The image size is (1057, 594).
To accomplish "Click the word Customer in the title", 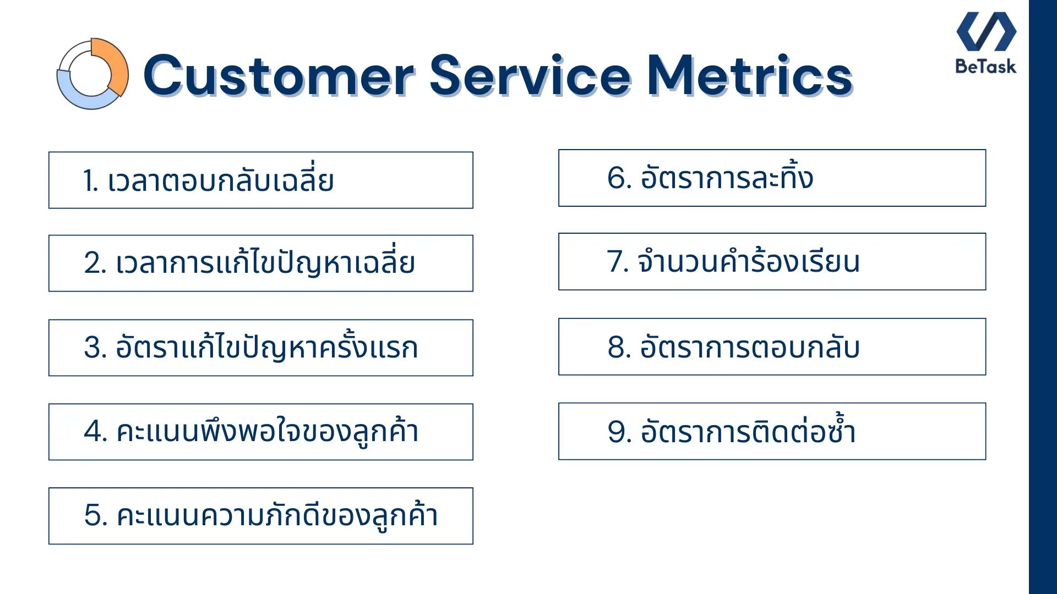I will (x=278, y=76).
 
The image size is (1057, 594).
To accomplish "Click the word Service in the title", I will (x=530, y=76).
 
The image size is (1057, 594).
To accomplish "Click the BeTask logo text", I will (x=985, y=67).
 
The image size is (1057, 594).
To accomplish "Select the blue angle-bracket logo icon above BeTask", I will (x=986, y=31).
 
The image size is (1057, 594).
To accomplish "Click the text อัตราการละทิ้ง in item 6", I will (x=727, y=178).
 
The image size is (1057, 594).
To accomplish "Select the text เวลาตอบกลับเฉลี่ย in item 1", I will (x=220, y=181).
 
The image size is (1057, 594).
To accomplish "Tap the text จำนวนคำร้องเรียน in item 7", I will (x=749, y=262).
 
